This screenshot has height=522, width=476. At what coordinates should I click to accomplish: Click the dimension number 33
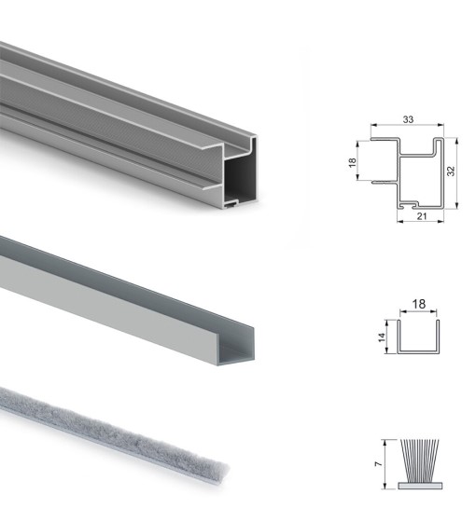[x=408, y=119]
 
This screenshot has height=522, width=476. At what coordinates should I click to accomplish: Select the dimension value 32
[x=451, y=172]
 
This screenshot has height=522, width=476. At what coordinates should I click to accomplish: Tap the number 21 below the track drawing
[x=422, y=216]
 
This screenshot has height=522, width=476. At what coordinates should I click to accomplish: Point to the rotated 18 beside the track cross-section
[x=352, y=162]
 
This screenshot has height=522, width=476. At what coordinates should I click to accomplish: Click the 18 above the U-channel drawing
[x=419, y=304]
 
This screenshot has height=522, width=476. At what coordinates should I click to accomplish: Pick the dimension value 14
[x=382, y=337]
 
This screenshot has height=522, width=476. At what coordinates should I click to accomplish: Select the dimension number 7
[x=378, y=464]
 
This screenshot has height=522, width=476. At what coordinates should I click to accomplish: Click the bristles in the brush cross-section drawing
[x=419, y=460]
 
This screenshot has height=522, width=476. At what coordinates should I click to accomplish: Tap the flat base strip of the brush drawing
[x=420, y=486]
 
